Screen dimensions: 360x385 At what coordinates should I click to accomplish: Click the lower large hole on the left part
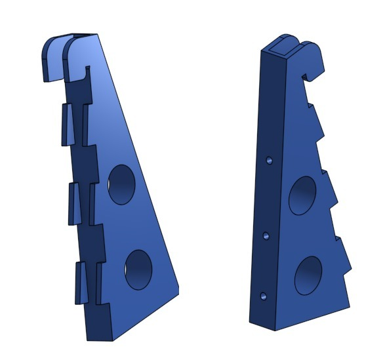tap(138, 270)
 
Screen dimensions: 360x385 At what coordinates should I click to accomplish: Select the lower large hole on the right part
tap(308, 275)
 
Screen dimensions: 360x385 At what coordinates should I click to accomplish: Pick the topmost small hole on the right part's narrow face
tap(269, 159)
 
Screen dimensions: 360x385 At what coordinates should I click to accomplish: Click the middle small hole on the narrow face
tap(266, 235)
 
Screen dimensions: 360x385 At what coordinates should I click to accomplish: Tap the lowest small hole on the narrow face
tap(263, 296)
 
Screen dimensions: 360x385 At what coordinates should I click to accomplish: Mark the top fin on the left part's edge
tap(68, 125)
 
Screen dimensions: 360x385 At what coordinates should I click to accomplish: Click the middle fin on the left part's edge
tap(73, 203)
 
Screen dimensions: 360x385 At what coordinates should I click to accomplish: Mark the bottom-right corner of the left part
tap(177, 293)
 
